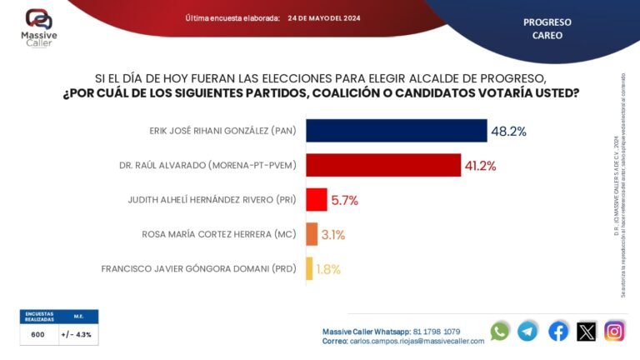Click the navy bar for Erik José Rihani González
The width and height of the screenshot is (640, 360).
tap(397, 131)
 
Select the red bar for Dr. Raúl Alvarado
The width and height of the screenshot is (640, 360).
tap(383, 165)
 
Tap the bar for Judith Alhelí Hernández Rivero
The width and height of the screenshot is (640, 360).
tap(317, 200)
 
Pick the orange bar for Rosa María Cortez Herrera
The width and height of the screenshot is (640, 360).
tap(312, 234)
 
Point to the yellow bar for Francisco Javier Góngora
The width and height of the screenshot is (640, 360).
tap(310, 268)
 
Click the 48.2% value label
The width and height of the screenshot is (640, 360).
tap(509, 132)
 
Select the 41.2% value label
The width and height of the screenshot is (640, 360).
tap(481, 166)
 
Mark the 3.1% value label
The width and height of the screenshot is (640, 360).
tap(333, 235)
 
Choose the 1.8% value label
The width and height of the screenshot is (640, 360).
tap(328, 269)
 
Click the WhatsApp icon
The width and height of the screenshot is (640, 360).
tap(500, 331)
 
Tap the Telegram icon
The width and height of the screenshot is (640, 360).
tap(527, 331)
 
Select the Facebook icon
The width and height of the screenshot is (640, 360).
tap(558, 331)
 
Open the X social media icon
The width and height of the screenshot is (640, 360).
tap(587, 331)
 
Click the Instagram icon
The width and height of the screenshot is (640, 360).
tap(615, 331)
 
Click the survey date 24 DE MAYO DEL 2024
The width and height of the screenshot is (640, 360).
tap(324, 17)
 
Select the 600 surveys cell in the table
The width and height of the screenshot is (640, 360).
tap(38, 334)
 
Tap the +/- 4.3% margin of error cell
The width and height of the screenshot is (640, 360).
tap(77, 334)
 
